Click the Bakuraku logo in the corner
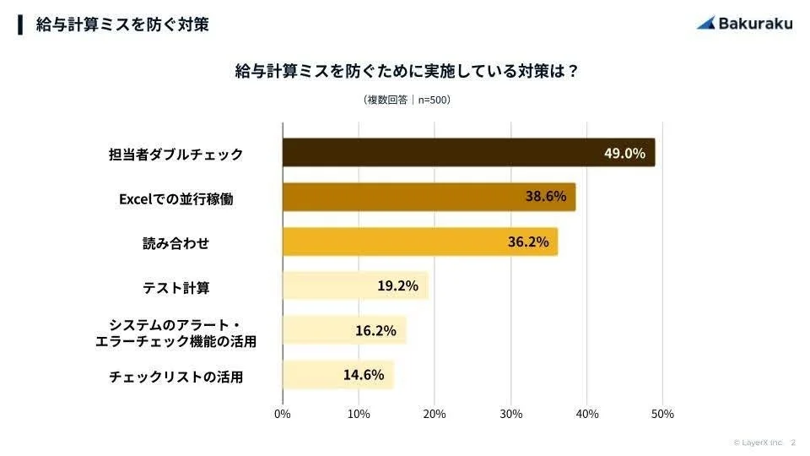[745, 23]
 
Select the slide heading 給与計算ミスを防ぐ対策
[122, 24]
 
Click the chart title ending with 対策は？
[406, 71]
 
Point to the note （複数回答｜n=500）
[406, 100]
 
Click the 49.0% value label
[624, 153]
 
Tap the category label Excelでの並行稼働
[175, 199]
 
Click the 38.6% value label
[545, 197]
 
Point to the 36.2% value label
[527, 242]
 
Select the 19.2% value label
[397, 286]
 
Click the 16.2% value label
[375, 331]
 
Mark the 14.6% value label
[364, 375]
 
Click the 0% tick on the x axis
[283, 415]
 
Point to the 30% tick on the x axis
[510, 415]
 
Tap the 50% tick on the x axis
[662, 415]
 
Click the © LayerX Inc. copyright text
[758, 442]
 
